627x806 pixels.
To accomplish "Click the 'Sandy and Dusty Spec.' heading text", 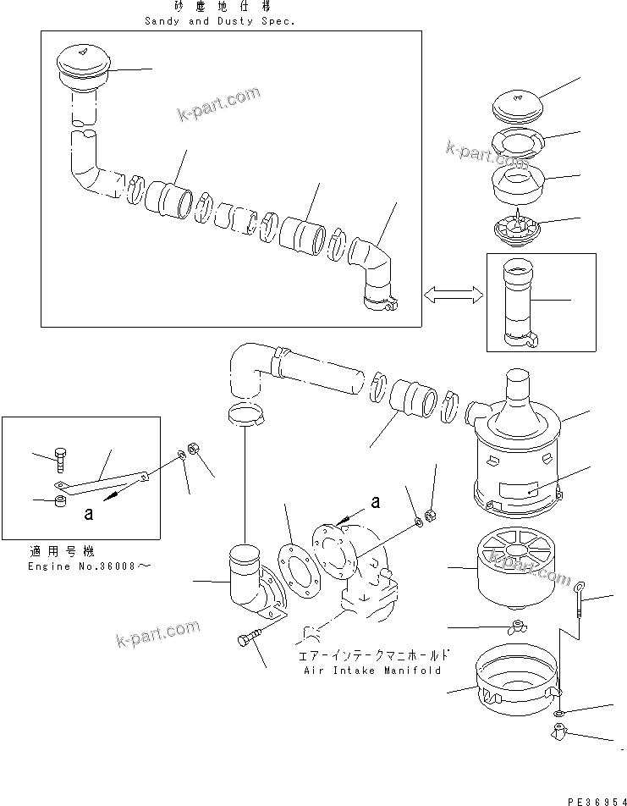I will (x=218, y=21).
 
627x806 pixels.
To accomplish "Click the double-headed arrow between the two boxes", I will (x=453, y=294).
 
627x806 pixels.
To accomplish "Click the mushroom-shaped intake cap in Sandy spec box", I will (x=81, y=68).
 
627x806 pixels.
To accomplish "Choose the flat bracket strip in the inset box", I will (x=102, y=485).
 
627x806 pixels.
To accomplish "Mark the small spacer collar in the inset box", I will (x=59, y=504).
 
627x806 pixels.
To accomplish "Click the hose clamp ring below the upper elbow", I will (x=245, y=413).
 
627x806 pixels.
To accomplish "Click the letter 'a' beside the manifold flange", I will (x=376, y=502).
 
